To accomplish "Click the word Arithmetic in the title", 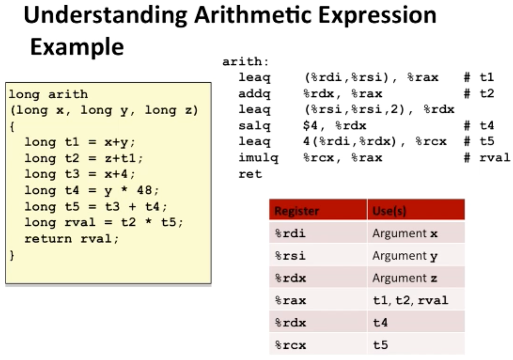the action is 253,15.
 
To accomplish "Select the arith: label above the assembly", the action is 246,62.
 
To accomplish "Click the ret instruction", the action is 250,174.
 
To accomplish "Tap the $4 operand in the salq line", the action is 310,125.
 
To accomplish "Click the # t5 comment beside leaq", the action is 479,141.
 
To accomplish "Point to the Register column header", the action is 296,211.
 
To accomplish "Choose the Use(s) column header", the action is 389,211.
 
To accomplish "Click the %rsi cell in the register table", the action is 290,256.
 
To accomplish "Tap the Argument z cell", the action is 405,278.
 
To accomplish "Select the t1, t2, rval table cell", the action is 410,300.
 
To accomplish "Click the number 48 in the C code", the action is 144,190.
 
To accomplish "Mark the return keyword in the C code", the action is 48,239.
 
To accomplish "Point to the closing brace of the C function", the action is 12,255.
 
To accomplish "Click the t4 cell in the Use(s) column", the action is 381,323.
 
